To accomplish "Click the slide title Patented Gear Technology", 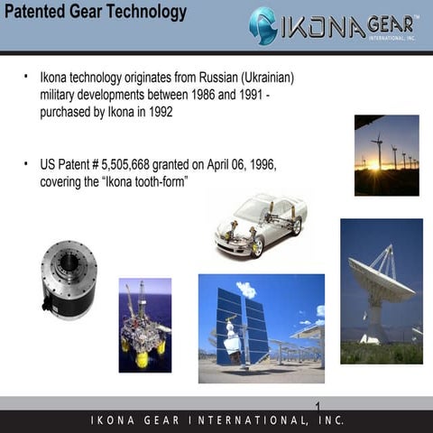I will click(x=96, y=13).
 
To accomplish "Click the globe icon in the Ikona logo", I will click(x=263, y=26).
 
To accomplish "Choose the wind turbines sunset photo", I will click(x=386, y=155).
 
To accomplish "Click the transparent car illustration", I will click(x=260, y=225).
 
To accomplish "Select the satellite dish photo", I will click(x=381, y=290).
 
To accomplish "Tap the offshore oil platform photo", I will click(x=144, y=325).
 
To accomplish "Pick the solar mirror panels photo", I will click(x=261, y=327).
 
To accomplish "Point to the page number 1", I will click(x=319, y=403).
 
